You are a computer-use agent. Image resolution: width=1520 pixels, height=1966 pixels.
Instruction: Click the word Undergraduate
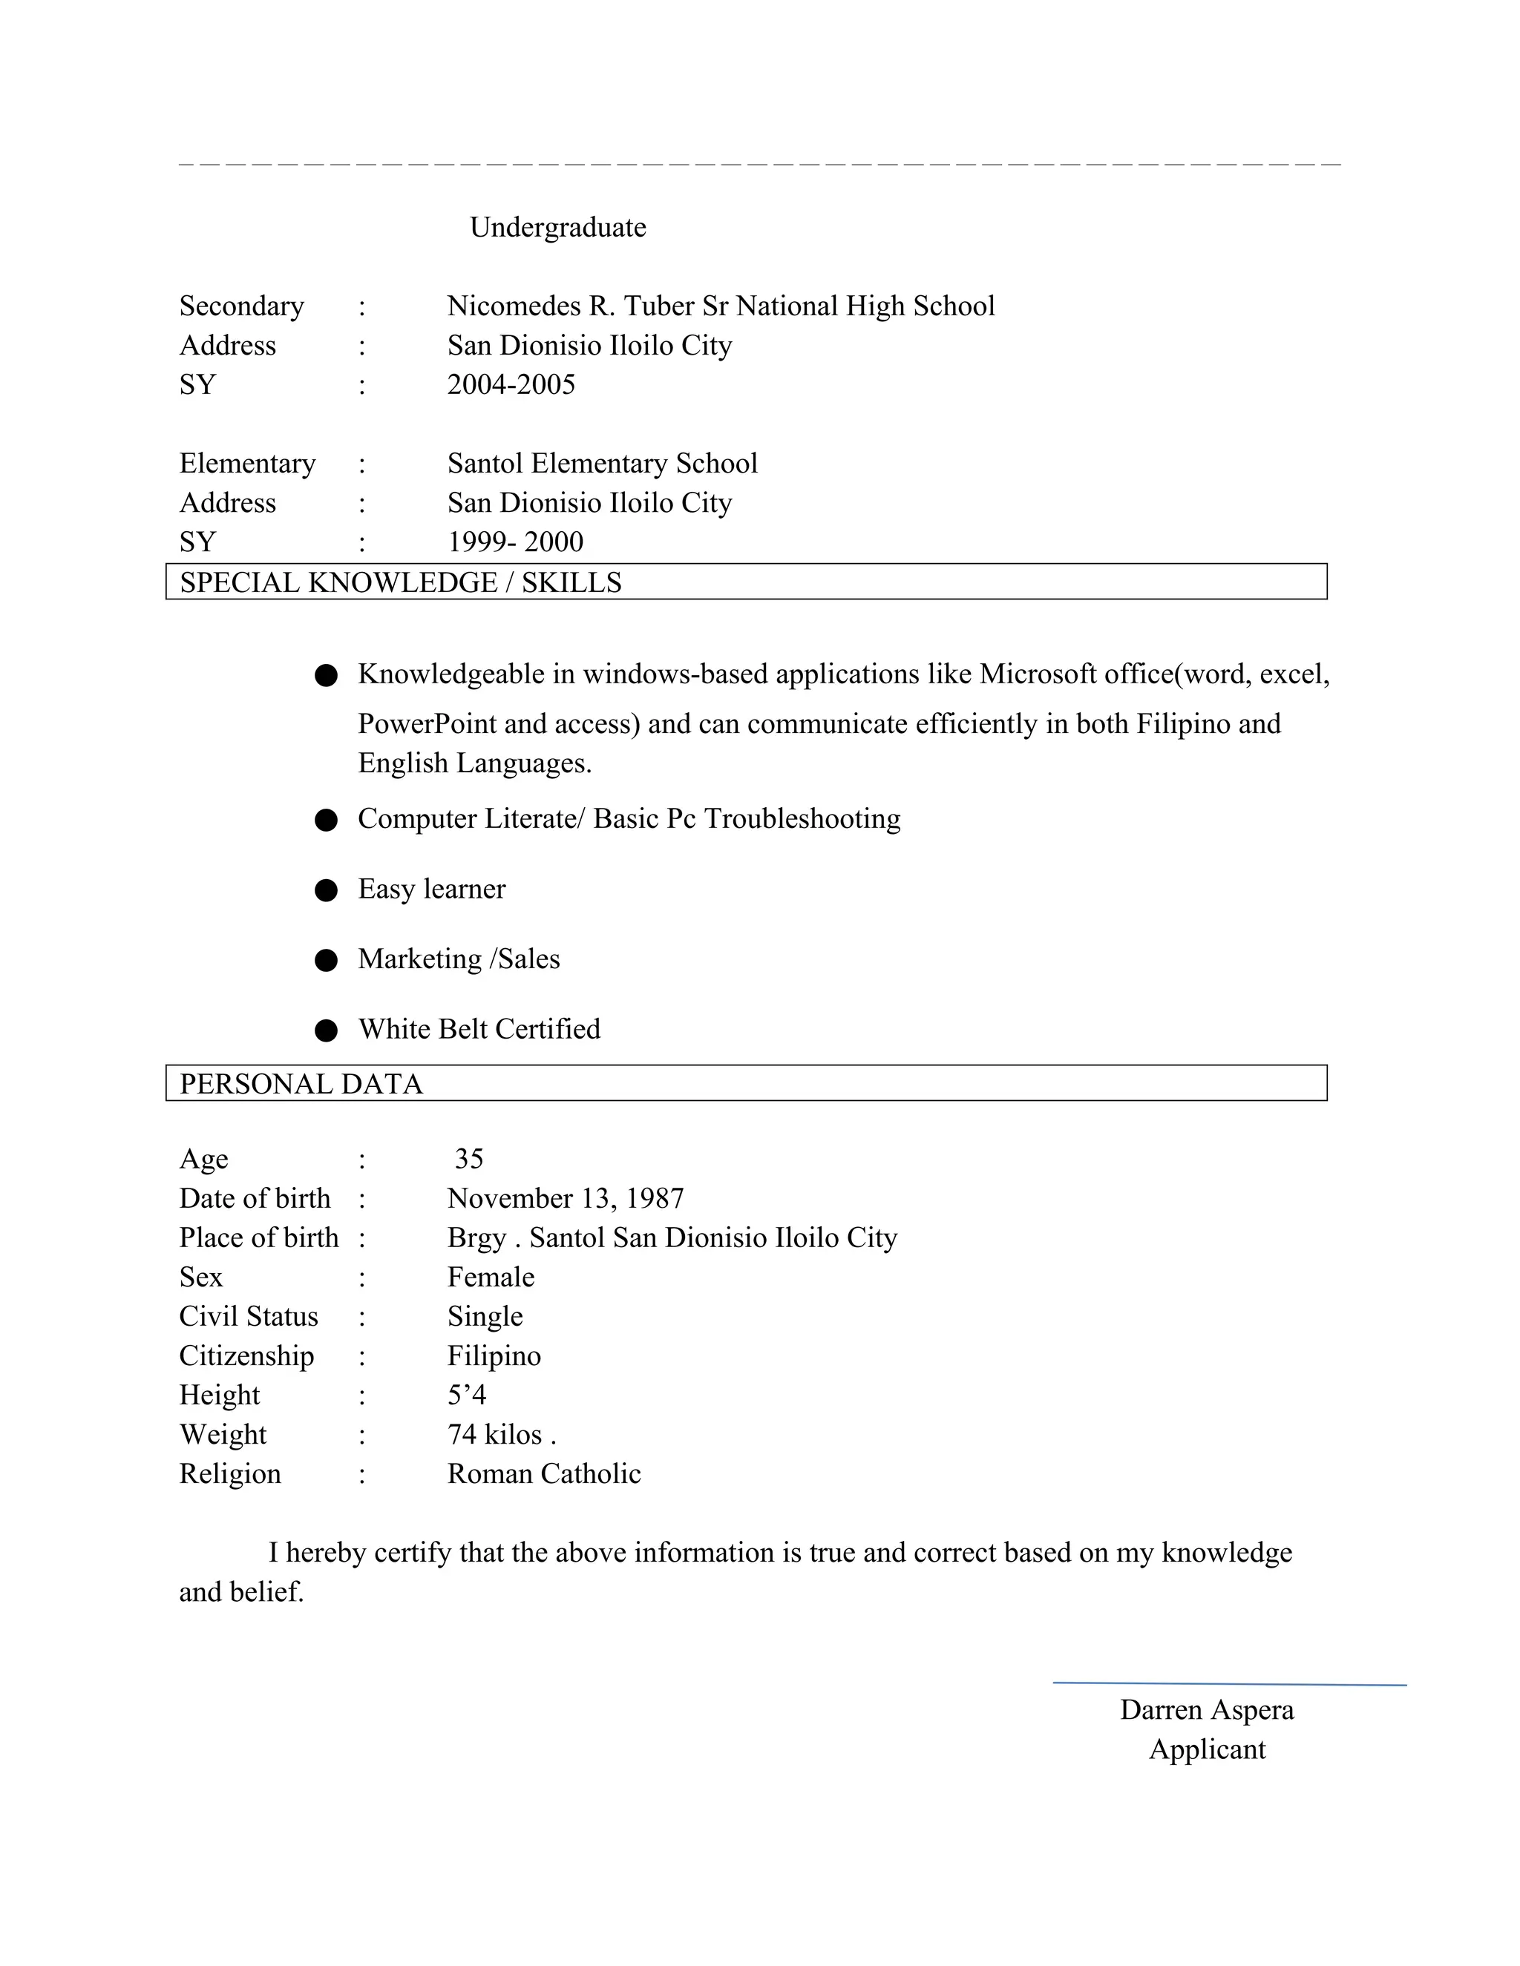point(557,228)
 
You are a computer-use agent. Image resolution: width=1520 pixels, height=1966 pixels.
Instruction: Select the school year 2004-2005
point(511,385)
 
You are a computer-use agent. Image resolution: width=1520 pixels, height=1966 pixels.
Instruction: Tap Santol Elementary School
point(601,464)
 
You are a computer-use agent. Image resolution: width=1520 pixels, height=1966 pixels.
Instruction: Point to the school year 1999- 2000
point(515,542)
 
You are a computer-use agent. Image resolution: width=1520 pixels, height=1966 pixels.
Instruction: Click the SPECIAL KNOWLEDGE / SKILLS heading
point(401,582)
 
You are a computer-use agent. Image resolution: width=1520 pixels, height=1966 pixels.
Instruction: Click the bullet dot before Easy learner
point(326,890)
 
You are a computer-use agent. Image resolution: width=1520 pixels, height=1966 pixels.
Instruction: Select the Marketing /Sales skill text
point(459,959)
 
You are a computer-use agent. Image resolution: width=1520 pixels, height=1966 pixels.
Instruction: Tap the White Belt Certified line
point(479,1030)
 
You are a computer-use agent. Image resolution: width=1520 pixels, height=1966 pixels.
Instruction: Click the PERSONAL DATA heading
point(301,1084)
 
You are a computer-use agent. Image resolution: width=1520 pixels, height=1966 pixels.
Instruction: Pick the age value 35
point(468,1160)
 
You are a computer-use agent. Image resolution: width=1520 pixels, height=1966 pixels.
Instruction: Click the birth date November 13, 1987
point(566,1199)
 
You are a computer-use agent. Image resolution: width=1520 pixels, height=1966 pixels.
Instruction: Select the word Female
point(491,1278)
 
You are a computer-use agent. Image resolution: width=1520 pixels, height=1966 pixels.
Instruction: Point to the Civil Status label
point(249,1317)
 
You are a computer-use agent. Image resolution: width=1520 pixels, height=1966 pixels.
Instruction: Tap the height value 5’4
point(466,1395)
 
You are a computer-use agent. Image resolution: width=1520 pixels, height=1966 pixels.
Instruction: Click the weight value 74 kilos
point(501,1435)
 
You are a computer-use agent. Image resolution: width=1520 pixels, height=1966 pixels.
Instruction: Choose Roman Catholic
point(544,1475)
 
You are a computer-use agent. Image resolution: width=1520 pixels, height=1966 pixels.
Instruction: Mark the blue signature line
point(1229,1683)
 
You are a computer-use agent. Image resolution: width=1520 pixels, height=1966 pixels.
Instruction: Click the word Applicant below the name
point(1207,1750)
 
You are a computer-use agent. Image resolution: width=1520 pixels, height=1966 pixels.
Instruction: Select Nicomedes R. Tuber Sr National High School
point(721,307)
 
